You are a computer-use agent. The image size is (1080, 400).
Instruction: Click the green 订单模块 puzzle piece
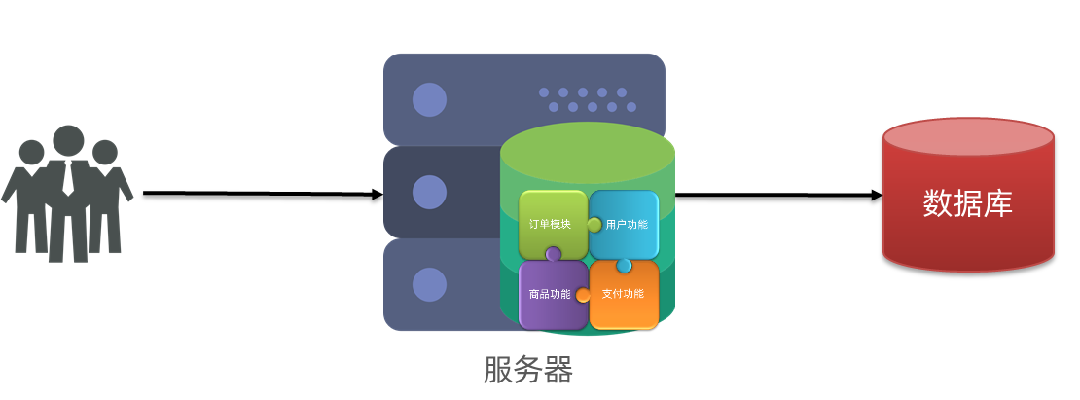click(551, 223)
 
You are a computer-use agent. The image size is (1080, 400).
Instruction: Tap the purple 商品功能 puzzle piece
click(551, 294)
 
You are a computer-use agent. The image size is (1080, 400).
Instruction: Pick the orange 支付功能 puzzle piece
click(624, 294)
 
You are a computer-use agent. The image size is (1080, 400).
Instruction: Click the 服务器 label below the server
click(527, 371)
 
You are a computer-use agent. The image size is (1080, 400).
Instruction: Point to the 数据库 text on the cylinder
click(967, 203)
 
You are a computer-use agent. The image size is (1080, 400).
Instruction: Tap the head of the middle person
click(68, 140)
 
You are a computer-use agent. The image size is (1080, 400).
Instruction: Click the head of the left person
click(32, 152)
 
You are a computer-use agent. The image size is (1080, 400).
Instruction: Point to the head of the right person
click(104, 152)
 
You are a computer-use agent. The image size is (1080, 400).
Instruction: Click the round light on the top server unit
click(429, 100)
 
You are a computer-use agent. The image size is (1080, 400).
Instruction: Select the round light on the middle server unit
click(429, 193)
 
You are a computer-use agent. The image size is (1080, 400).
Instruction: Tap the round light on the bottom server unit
click(429, 284)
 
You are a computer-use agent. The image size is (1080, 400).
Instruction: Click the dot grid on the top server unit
click(588, 99)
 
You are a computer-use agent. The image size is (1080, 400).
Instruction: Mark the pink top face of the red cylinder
click(968, 138)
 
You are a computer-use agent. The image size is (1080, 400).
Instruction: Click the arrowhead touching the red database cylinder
click(877, 195)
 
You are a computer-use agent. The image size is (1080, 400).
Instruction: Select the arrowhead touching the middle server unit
click(378, 194)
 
